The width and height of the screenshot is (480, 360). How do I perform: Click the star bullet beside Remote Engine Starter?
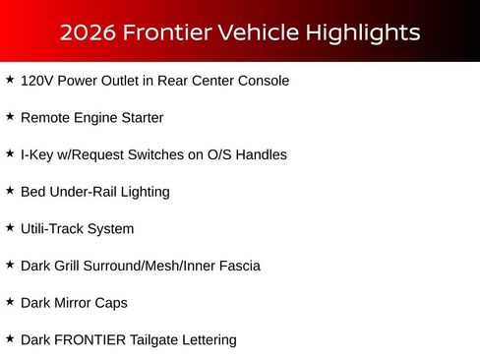[x=10, y=116]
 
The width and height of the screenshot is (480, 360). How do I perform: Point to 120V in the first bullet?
[x=36, y=81]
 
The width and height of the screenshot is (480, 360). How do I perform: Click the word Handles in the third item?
[x=261, y=154]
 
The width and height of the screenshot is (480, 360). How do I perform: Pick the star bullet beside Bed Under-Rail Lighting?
[x=10, y=190]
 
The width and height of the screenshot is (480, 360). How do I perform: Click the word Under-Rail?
[x=83, y=192]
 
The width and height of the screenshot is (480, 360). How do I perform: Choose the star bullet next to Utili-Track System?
[x=10, y=227]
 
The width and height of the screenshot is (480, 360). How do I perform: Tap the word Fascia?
[x=238, y=266]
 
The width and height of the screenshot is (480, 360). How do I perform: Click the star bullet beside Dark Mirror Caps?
[x=10, y=301]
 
